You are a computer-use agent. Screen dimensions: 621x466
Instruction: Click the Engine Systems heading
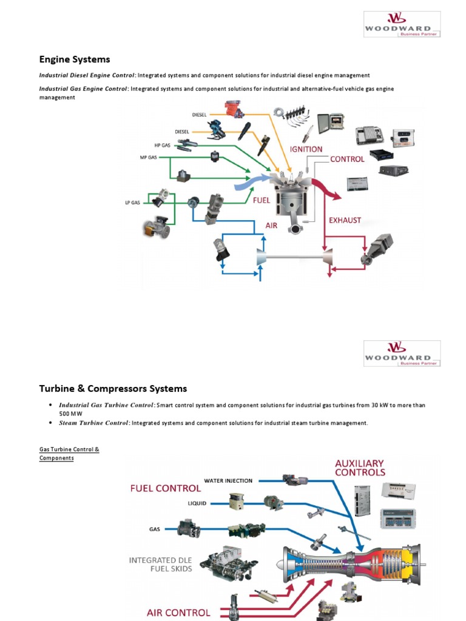coord(75,59)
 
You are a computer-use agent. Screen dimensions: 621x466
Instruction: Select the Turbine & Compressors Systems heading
coord(113,389)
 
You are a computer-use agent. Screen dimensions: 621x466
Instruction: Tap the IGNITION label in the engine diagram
coord(306,149)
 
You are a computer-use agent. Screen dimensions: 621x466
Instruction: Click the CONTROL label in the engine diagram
coord(347,159)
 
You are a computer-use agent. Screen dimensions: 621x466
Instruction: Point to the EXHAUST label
coord(345,220)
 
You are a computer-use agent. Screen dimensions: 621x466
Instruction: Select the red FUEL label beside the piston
coord(262,199)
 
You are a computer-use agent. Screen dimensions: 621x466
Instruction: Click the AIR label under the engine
coord(271,224)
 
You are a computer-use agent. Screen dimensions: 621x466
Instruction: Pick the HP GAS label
coord(162,146)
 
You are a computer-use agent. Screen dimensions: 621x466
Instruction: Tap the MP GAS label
coord(149,158)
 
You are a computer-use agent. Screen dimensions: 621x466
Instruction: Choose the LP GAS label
coord(133,203)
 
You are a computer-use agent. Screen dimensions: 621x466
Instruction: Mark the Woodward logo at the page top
coord(402,24)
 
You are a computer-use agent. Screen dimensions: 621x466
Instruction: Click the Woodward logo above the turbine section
coord(402,354)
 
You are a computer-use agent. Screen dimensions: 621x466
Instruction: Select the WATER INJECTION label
coord(228,481)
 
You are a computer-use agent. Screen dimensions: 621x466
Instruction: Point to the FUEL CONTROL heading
coord(165,488)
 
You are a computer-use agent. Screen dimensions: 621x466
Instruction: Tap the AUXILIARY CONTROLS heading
coord(360,468)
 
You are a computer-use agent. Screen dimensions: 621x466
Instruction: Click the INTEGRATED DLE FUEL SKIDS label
coord(160,564)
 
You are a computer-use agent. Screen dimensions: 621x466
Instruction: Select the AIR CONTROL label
coord(178,613)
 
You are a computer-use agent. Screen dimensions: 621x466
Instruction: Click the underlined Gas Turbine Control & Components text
coord(69,454)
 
